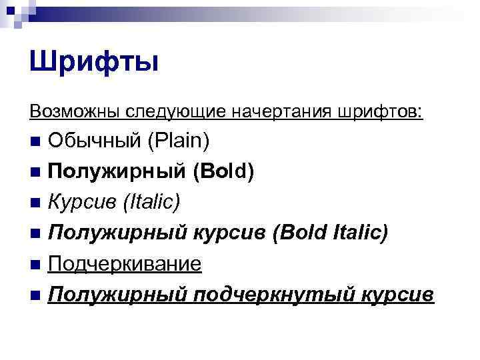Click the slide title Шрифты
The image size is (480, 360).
(x=94, y=63)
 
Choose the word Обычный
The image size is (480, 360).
(x=94, y=141)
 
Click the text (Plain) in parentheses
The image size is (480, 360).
(x=179, y=141)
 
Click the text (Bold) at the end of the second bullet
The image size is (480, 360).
(x=223, y=172)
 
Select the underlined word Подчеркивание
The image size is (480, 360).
(x=125, y=263)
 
